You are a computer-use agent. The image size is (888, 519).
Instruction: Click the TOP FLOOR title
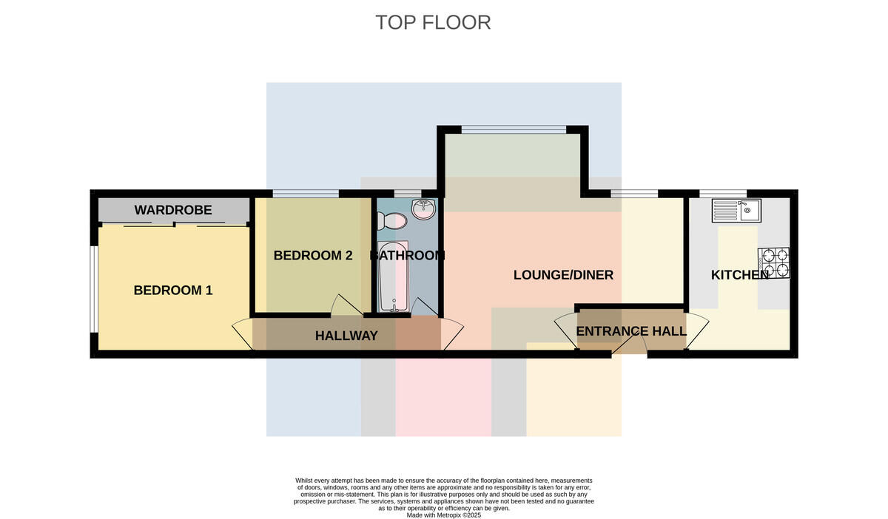point(433,23)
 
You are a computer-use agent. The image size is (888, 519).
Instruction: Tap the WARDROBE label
point(173,210)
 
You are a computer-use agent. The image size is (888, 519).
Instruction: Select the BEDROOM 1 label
point(173,291)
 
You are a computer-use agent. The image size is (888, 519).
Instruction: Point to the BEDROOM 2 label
point(313,256)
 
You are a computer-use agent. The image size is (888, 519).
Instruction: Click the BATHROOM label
point(407,256)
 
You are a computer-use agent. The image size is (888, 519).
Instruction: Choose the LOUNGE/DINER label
point(563,275)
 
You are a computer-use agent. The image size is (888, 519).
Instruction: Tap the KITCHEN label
point(740,275)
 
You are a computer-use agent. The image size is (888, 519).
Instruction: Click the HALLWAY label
point(346,336)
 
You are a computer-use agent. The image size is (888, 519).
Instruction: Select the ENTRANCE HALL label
point(631,331)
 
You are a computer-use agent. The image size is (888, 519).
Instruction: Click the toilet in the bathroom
point(391,220)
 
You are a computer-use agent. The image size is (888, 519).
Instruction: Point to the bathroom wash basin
point(423,208)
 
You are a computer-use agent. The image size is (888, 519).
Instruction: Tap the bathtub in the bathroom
point(393,277)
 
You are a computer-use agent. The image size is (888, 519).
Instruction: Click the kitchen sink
point(736,211)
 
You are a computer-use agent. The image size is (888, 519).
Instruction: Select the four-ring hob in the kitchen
point(773,263)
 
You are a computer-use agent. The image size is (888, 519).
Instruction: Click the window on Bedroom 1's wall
point(93,290)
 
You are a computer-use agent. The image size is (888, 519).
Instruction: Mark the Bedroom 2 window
point(306,194)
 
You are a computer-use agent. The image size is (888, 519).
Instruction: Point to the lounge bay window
point(514,129)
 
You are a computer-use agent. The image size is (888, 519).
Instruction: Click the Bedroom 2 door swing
point(346,305)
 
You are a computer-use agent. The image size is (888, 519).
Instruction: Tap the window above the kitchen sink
point(723,194)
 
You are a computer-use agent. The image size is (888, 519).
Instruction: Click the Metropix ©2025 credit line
point(443,515)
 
